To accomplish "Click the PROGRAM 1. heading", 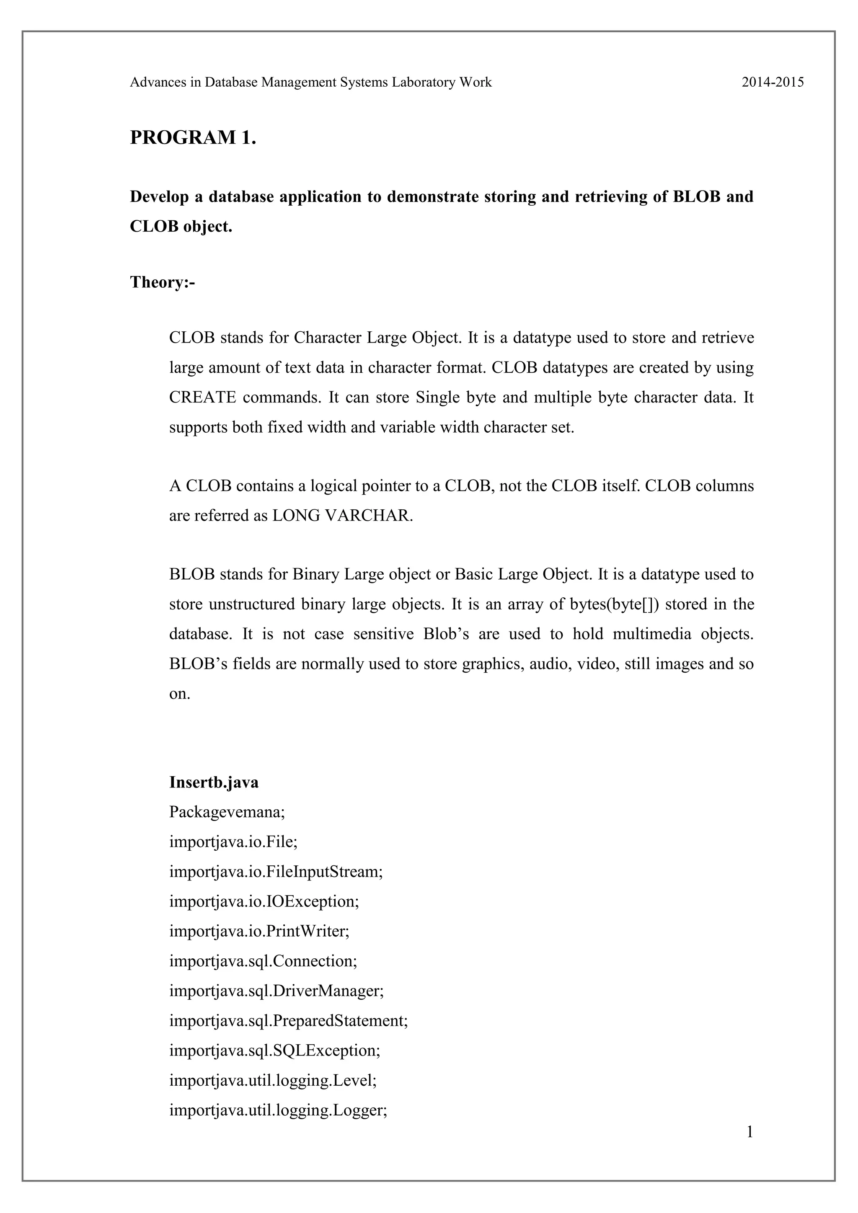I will tap(193, 137).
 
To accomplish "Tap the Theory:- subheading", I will tap(162, 282).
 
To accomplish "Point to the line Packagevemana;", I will tap(227, 812).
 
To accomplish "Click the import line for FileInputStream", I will tap(275, 871).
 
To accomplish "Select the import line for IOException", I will tap(264, 901).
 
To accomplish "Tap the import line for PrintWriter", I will tap(259, 931).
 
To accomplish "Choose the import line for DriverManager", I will tap(277, 991).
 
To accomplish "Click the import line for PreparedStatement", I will tap(289, 1021).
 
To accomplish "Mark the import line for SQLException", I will tap(275, 1050).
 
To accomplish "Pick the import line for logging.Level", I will tap(273, 1080).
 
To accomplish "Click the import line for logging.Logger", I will tap(278, 1110).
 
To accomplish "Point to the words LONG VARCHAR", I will tap(341, 516).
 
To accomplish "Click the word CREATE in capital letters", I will tap(202, 397).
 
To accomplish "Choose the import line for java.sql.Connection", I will tap(263, 961).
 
